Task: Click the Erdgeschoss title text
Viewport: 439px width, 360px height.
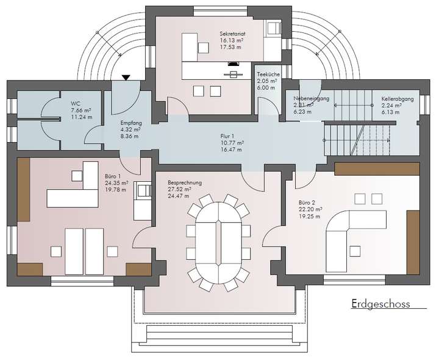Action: [x=380, y=304]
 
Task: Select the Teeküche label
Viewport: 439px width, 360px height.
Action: [x=268, y=74]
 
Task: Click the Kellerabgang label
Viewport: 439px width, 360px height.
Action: [x=398, y=98]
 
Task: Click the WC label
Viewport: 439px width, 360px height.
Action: [x=76, y=103]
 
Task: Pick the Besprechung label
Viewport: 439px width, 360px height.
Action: [x=184, y=182]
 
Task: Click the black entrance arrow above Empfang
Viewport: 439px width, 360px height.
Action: [x=126, y=77]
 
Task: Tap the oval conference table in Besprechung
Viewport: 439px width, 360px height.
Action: [x=219, y=242]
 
